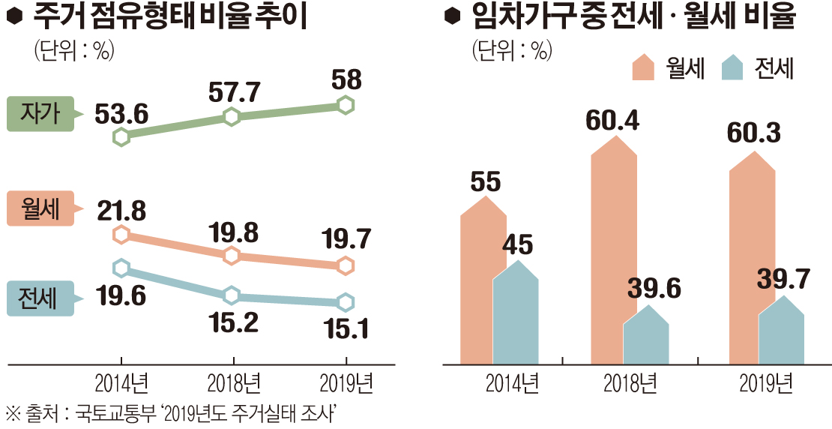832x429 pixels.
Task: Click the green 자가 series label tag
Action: pos(40,114)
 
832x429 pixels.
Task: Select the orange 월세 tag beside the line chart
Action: pos(40,208)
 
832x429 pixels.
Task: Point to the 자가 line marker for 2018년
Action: pos(232,116)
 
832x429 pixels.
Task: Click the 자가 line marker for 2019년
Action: pos(346,105)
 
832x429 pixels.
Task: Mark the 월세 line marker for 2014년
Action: pos(121,235)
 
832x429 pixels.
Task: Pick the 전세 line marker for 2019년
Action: pos(346,302)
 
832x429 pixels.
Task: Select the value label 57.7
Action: pos(233,92)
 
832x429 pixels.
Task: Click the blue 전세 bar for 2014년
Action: pos(516,311)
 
